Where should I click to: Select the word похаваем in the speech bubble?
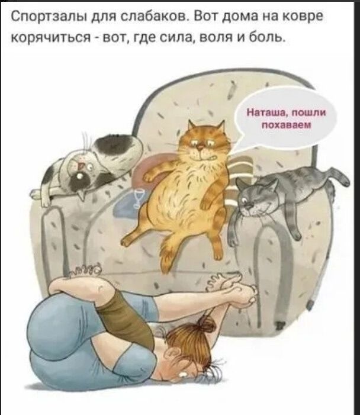point(283,125)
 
